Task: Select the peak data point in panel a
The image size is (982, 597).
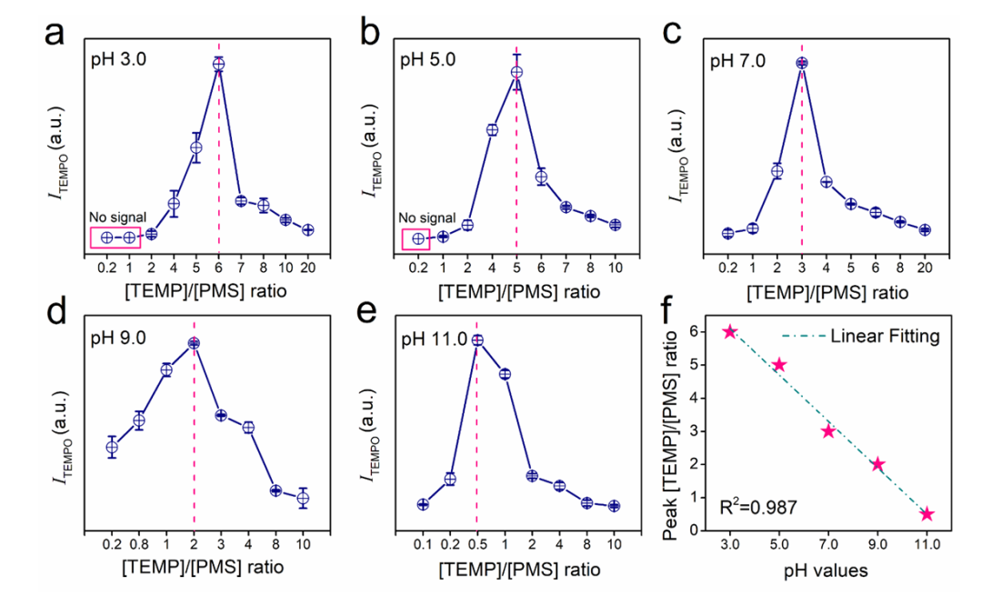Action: [218, 65]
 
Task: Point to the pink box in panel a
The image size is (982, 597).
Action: [115, 238]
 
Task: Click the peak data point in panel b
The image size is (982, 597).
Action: [516, 73]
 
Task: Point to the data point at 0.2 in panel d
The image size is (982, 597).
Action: [112, 447]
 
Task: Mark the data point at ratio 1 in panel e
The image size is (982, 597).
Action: [505, 374]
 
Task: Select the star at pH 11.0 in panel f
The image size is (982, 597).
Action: [927, 514]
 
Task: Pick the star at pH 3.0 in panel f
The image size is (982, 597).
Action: [730, 332]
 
